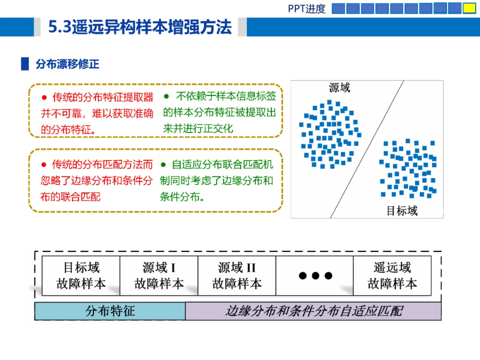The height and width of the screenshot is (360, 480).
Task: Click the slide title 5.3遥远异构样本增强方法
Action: pyautogui.click(x=140, y=27)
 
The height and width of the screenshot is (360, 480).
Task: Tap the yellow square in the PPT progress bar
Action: pyautogui.click(x=469, y=8)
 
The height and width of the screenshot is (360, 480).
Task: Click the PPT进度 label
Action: pyautogui.click(x=306, y=8)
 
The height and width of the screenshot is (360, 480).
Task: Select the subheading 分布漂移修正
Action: pyautogui.click(x=68, y=64)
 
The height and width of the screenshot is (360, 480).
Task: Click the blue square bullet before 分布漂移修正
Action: pyautogui.click(x=25, y=64)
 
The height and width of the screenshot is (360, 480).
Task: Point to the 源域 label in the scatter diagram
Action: pyautogui.click(x=339, y=88)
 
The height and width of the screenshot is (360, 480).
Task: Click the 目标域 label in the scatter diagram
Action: pyautogui.click(x=402, y=211)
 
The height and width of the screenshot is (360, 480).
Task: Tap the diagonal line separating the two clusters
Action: pyautogui.click(x=367, y=149)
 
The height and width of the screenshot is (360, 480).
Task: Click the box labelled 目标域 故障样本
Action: pyautogui.click(x=81, y=276)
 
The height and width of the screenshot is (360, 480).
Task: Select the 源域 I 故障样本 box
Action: pyautogui.click(x=159, y=276)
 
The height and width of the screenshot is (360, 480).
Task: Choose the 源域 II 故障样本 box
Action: pyautogui.click(x=237, y=276)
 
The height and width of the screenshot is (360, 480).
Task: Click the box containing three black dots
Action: pyautogui.click(x=315, y=276)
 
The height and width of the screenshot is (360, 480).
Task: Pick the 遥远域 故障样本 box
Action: pyautogui.click(x=392, y=276)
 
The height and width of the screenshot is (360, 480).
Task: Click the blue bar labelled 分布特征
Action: pyautogui.click(x=110, y=311)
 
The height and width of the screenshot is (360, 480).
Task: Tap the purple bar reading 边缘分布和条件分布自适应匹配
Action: pyautogui.click(x=313, y=311)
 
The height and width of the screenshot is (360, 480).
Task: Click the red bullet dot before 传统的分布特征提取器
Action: pyautogui.click(x=44, y=98)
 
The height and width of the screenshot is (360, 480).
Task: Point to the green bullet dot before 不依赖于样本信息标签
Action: pyautogui.click(x=166, y=96)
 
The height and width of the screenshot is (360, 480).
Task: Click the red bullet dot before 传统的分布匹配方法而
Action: pyautogui.click(x=44, y=165)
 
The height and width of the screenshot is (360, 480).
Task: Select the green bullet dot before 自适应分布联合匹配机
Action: pyautogui.click(x=163, y=165)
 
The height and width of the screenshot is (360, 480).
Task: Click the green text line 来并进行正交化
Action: pyautogui.click(x=198, y=128)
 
